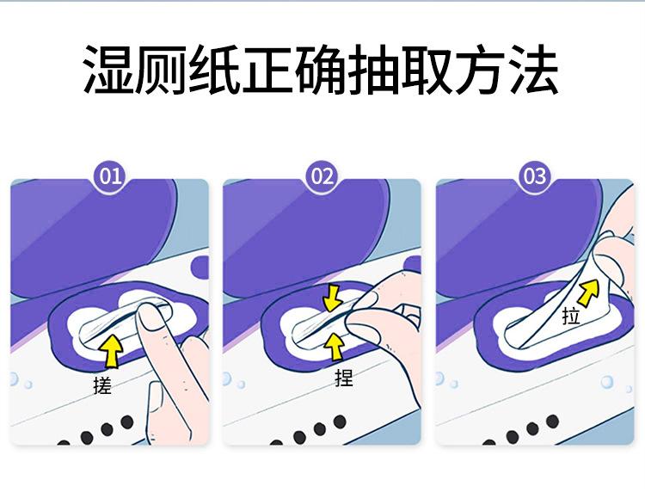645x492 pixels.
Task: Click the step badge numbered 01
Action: pyautogui.click(x=111, y=176)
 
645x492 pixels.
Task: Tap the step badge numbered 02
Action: pyautogui.click(x=322, y=176)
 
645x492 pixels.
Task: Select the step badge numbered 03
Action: pyautogui.click(x=534, y=176)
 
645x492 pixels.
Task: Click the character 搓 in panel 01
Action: pyautogui.click(x=102, y=386)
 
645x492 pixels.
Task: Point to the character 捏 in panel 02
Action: pyautogui.click(x=344, y=378)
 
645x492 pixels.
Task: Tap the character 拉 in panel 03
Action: pyautogui.click(x=571, y=317)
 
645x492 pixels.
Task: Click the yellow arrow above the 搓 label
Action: pyautogui.click(x=113, y=351)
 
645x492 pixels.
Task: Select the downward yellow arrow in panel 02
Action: pyautogui.click(x=333, y=298)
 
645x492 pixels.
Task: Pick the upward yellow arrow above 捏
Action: pyautogui.click(x=335, y=347)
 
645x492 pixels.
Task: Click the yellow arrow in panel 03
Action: pyautogui.click(x=588, y=292)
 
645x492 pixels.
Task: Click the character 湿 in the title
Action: pyautogui.click(x=107, y=70)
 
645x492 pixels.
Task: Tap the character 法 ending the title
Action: pyautogui.click(x=533, y=70)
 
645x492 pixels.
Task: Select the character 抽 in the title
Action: pyautogui.click(x=373, y=70)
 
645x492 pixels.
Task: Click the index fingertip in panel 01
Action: pyautogui.click(x=150, y=316)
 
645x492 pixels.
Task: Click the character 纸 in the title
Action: pyautogui.click(x=214, y=70)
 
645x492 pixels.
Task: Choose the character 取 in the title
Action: pyautogui.click(x=427, y=70)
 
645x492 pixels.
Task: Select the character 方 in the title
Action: pyautogui.click(x=480, y=70)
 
